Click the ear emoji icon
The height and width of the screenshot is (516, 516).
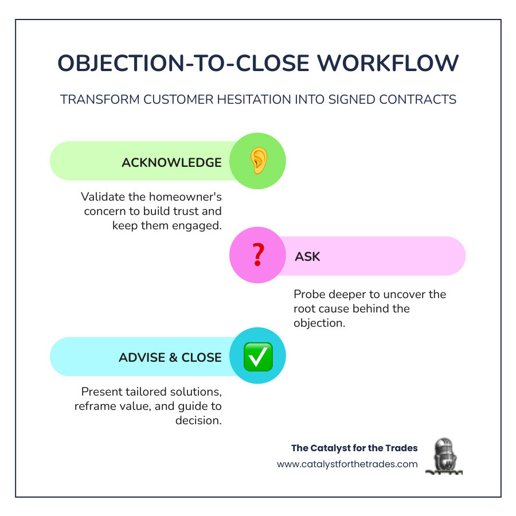click(257, 162)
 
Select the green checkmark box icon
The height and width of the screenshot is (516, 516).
click(257, 357)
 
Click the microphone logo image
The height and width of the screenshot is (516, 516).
click(444, 456)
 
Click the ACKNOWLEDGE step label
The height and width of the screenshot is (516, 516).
click(171, 162)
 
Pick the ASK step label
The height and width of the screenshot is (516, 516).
click(307, 256)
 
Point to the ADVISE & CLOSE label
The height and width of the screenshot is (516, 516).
click(170, 357)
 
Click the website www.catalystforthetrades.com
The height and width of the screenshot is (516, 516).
click(347, 464)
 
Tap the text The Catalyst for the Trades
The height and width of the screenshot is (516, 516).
click(354, 448)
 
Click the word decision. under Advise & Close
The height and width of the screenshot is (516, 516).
click(198, 420)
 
